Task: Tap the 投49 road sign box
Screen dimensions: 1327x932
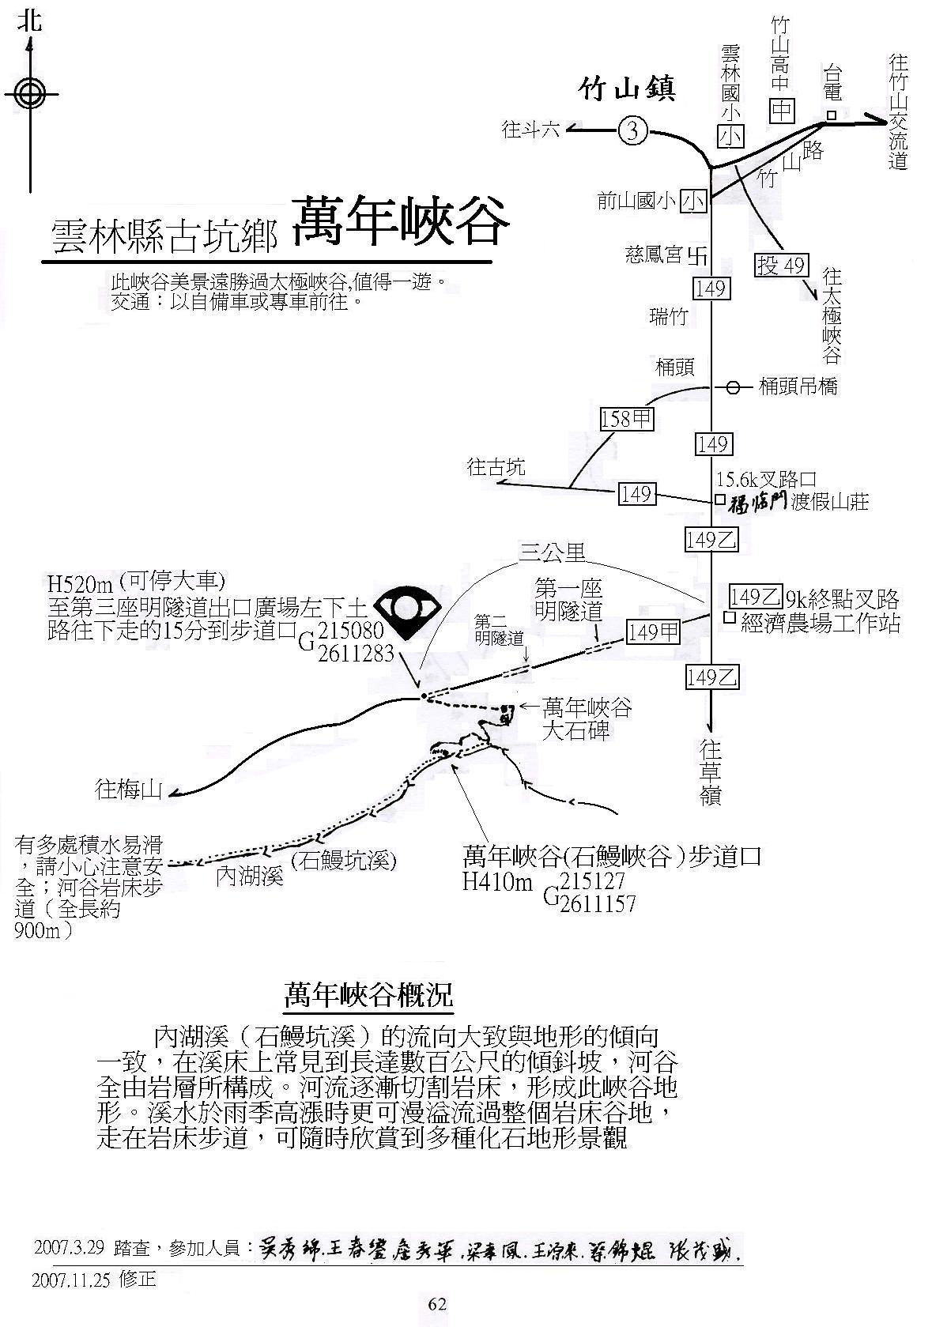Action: pos(782,264)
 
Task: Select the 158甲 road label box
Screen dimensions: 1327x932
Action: pos(627,418)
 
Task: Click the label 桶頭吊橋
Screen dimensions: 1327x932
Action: pos(798,386)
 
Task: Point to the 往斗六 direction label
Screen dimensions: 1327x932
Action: pos(530,130)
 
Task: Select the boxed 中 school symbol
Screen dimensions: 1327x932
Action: pos(782,111)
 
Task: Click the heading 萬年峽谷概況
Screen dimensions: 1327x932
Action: pos(368,995)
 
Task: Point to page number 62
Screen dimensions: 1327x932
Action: pos(437,1304)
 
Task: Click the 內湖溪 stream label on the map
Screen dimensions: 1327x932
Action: pos(250,876)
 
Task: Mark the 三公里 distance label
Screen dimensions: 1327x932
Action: pos(552,552)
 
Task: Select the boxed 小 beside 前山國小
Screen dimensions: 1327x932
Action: pos(694,202)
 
